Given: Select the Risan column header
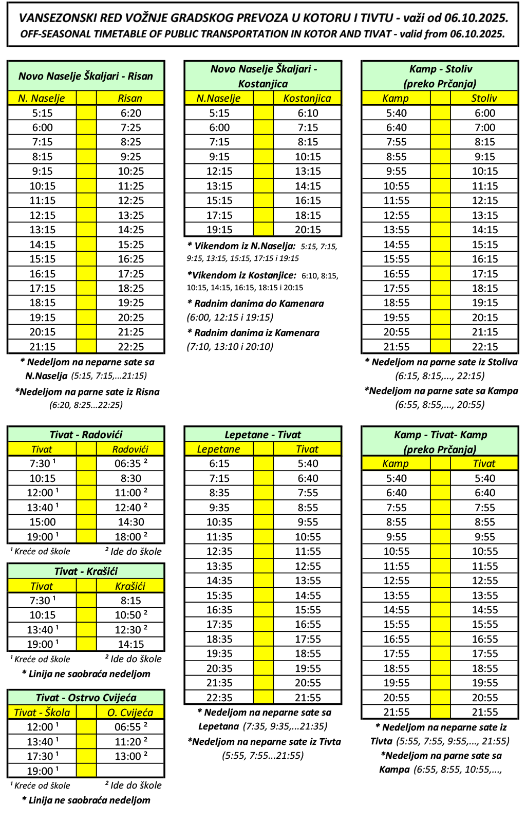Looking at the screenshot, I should pyautogui.click(x=130, y=98).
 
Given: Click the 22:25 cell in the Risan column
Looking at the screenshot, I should pyautogui.click(x=130, y=347).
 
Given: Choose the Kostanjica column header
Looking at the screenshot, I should pyautogui.click(x=307, y=98).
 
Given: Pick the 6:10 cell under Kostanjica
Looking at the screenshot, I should pyautogui.click(x=307, y=113).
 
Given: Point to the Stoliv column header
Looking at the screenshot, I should pyautogui.click(x=484, y=98).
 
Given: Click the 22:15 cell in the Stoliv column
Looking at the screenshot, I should pyautogui.click(x=484, y=347).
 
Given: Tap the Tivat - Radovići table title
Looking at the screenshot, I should pyautogui.click(x=86, y=435).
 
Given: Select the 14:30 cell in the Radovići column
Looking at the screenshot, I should pyautogui.click(x=130, y=522).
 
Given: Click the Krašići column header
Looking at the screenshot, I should pyautogui.click(x=130, y=586).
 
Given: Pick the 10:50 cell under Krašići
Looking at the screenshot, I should pyautogui.click(x=130, y=615).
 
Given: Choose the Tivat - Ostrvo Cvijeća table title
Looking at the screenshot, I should pyautogui.click(x=86, y=698).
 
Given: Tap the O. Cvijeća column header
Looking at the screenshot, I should pyautogui.click(x=130, y=713).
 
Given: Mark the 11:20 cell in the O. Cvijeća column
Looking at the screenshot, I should pyautogui.click(x=130, y=742).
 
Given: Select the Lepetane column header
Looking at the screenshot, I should pyautogui.click(x=219, y=449).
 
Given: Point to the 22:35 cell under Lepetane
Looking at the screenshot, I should pyautogui.click(x=219, y=698).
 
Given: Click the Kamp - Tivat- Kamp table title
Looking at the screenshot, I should pyautogui.click(x=440, y=435).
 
